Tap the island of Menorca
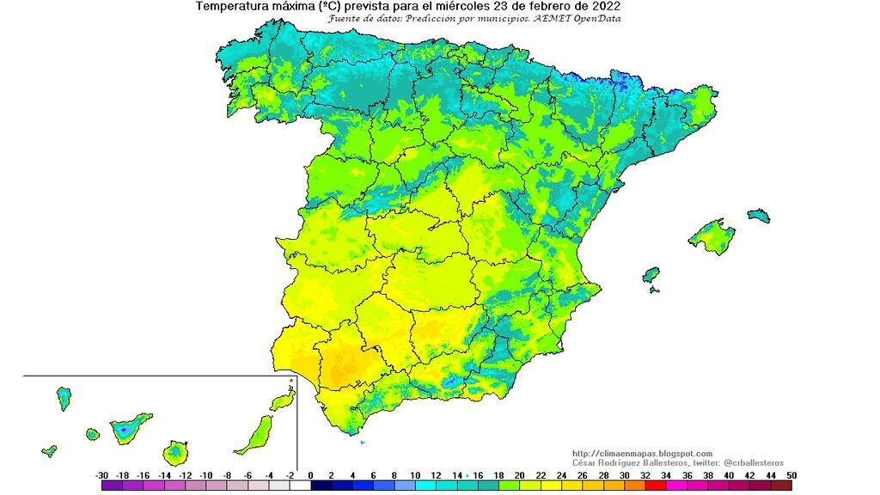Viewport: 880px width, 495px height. (759, 215)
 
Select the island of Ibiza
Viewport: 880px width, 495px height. (651, 275)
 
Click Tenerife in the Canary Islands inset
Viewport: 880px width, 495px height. (130, 426)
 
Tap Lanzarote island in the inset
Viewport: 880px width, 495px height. (280, 401)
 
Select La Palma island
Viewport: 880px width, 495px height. (64, 398)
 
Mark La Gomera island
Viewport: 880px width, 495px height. (92, 435)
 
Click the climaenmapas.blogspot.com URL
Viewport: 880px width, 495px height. (642, 454)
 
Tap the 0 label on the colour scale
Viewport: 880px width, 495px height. (310, 475)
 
